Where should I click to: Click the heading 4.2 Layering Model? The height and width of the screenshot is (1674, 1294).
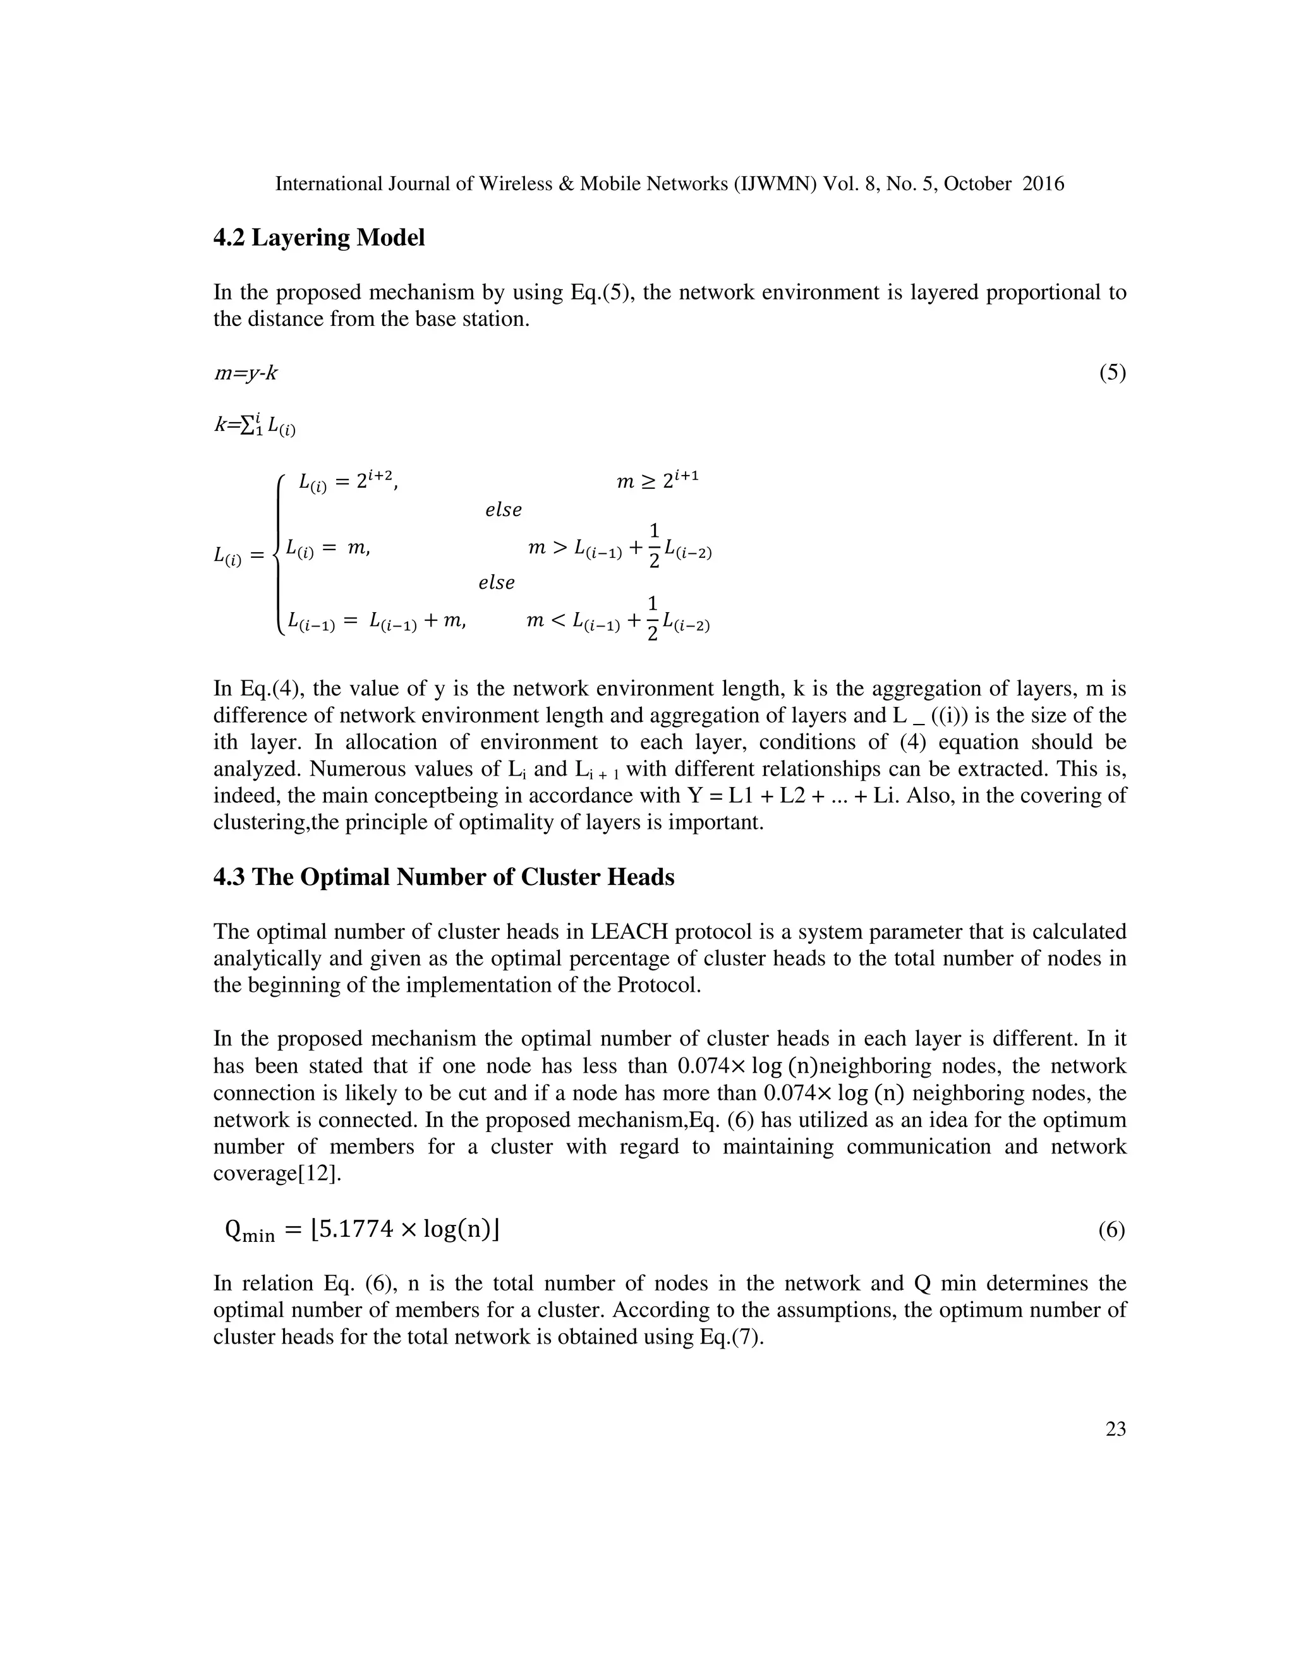pyautogui.click(x=319, y=238)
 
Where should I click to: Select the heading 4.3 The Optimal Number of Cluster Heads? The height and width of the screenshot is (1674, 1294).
pyautogui.click(x=444, y=877)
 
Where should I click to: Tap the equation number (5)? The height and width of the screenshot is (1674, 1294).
pyautogui.click(x=1112, y=373)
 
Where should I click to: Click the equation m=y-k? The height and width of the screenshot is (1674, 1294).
pyautogui.click(x=245, y=373)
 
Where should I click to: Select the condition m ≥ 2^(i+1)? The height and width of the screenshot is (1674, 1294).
pyautogui.click(x=658, y=481)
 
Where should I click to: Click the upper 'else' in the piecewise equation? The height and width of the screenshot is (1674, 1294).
pyautogui.click(x=504, y=510)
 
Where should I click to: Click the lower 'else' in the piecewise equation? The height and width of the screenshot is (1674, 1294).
pyautogui.click(x=497, y=583)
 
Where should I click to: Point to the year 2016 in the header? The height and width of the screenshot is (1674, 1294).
pyautogui.click(x=1043, y=184)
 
